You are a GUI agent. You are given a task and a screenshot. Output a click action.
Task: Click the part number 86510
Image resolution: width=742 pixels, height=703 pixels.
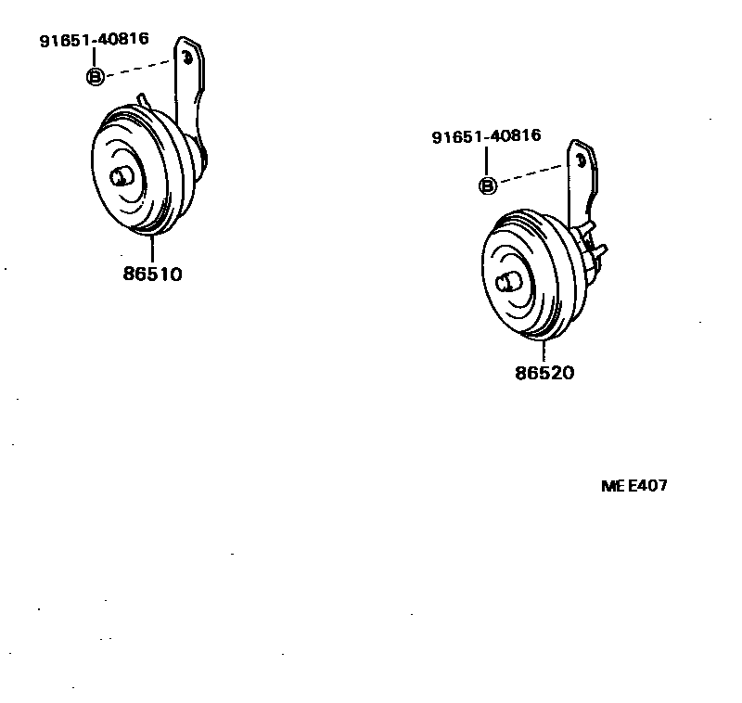151,275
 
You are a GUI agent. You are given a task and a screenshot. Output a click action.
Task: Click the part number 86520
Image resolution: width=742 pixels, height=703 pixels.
544,374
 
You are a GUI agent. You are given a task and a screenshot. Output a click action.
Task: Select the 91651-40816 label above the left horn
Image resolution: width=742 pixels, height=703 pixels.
94,41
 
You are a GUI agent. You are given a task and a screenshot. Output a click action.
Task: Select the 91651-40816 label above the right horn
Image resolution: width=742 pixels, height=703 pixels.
486,137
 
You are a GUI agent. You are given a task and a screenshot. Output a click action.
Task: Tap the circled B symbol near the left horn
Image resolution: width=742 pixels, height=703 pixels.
95,77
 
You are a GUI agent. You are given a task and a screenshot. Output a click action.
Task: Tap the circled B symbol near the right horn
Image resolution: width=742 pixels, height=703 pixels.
487,185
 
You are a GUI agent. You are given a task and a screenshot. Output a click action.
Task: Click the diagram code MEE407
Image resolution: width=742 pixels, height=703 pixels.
634,486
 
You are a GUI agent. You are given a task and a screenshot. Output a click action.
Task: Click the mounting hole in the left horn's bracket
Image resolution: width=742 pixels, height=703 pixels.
187,58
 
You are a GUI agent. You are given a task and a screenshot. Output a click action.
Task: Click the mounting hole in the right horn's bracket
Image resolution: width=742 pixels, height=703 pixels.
580,160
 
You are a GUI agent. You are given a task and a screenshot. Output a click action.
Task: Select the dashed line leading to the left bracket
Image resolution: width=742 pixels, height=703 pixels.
139,68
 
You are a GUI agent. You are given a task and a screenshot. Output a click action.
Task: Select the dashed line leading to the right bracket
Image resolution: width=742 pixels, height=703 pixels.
529,174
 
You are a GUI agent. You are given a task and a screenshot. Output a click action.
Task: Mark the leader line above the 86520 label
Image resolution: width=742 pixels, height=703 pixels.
544,351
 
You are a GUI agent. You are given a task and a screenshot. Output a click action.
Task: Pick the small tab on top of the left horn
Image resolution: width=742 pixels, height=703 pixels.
142,98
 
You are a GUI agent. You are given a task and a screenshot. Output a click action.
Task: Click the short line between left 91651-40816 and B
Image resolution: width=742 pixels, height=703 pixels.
95,58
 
